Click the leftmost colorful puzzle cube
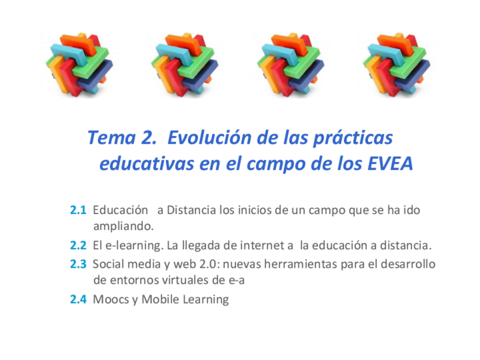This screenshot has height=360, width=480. (80, 65)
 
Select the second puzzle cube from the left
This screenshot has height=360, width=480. (185, 65)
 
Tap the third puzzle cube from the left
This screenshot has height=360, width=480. (291, 65)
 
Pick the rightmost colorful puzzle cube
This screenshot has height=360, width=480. (397, 65)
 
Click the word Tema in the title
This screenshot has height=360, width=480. (112, 138)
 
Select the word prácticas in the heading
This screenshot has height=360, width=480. (353, 138)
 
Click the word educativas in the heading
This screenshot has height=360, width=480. (147, 164)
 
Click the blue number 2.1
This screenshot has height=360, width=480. (78, 211)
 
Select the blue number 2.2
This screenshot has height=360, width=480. (78, 246)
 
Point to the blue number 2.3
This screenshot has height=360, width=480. (78, 264)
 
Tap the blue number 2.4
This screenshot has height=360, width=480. (78, 299)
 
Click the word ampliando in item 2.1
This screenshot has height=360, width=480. (123, 227)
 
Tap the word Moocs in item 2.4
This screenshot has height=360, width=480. (111, 299)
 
